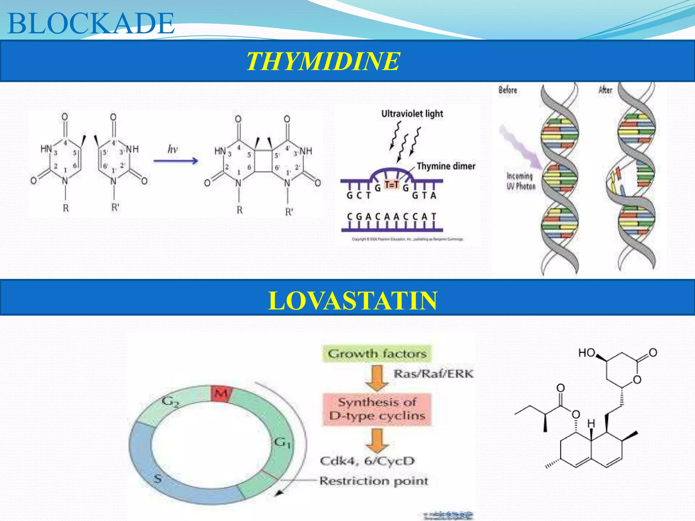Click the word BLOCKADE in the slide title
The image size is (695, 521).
tap(91, 23)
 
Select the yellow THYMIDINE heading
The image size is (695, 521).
tap(323, 61)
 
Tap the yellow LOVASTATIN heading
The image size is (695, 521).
tap(353, 301)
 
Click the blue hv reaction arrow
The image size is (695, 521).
tap(175, 160)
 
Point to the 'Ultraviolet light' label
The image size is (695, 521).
tap(412, 114)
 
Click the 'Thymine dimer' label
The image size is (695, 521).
tap(446, 166)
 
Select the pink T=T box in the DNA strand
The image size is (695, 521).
tap(391, 185)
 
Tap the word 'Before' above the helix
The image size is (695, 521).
tap(508, 90)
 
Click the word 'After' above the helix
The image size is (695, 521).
tap(605, 90)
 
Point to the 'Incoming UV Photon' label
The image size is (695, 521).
tap(521, 181)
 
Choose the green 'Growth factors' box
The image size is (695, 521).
tap(377, 354)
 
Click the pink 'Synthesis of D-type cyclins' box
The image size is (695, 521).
tap(377, 409)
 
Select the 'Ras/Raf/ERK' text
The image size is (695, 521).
tap(433, 374)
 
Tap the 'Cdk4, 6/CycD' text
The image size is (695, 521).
tap(367, 461)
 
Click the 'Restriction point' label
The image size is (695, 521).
tap(374, 481)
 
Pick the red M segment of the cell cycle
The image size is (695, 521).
tap(221, 393)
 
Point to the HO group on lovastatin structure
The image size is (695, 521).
tap(587, 353)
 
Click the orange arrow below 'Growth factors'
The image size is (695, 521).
tap(377, 377)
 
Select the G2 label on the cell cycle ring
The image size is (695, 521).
tap(170, 402)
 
